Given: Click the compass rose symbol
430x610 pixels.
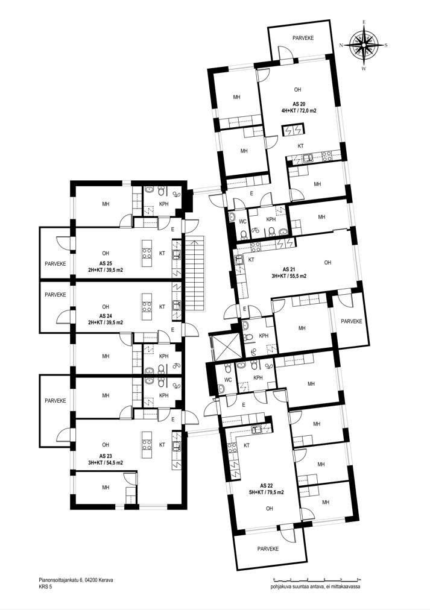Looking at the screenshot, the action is coord(364,45).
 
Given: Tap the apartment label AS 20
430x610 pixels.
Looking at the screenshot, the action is coord(299,104).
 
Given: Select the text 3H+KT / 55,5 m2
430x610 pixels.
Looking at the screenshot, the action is coord(289,276).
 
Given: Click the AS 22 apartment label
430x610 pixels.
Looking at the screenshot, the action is coord(267,485).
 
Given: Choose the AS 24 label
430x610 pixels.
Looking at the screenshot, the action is coord(106,316).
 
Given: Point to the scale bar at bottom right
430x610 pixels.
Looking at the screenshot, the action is coord(317,580).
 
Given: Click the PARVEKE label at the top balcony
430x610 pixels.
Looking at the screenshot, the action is coord(303,38).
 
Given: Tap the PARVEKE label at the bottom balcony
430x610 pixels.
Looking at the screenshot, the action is coord(268,549).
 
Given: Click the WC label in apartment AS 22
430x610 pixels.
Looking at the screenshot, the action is coord(228,380).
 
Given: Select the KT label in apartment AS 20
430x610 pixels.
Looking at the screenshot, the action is coord(300,146).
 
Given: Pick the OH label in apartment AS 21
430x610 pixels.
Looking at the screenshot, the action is coord(327,263).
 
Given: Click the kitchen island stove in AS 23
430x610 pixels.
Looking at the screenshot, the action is coord(147,445).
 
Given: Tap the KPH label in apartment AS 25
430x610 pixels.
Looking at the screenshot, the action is coord(164,204).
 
